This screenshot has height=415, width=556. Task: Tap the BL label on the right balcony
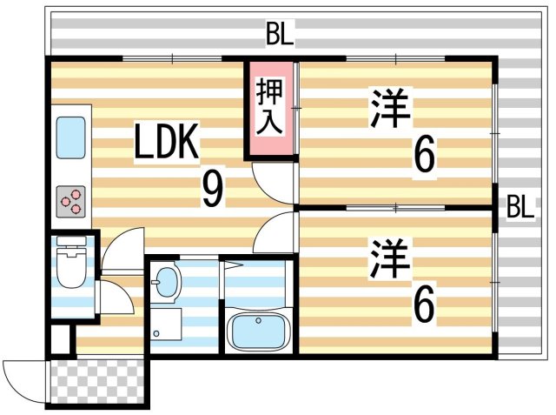(x=520, y=207)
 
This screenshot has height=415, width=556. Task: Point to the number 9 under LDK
(x=211, y=190)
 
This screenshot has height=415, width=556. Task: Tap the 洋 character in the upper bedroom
(x=389, y=107)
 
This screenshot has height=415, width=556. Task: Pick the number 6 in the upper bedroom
(x=423, y=157)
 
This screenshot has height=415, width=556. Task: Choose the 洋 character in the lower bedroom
(x=389, y=253)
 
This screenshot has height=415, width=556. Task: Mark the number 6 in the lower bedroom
(x=423, y=304)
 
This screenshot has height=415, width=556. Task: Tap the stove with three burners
(x=70, y=202)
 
